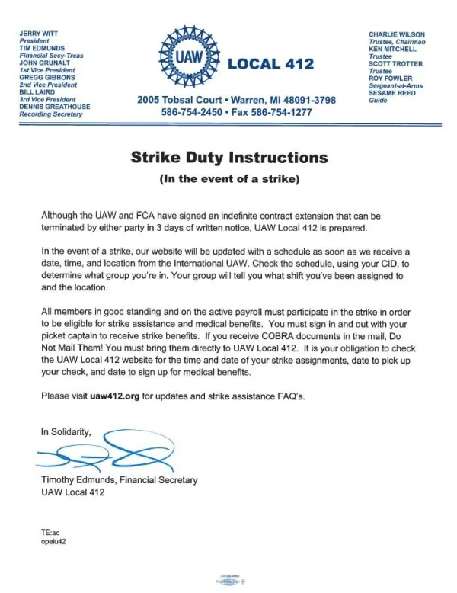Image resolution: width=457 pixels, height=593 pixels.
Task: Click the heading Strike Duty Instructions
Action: point(228,159)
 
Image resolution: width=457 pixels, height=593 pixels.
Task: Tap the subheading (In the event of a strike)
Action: point(228,180)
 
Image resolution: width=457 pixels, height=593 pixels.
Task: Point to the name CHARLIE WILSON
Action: point(397,34)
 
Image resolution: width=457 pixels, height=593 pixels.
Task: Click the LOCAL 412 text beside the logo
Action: point(270,64)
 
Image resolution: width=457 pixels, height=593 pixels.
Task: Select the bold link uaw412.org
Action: point(94,397)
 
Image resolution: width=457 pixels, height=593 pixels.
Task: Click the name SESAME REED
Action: point(393,93)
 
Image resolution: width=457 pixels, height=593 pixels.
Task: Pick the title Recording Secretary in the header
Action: point(52,114)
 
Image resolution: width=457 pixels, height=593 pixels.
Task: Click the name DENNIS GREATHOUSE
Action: point(54,107)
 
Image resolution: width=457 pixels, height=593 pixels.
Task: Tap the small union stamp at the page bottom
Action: point(228,577)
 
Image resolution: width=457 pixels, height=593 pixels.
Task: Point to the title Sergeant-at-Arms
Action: point(395,85)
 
